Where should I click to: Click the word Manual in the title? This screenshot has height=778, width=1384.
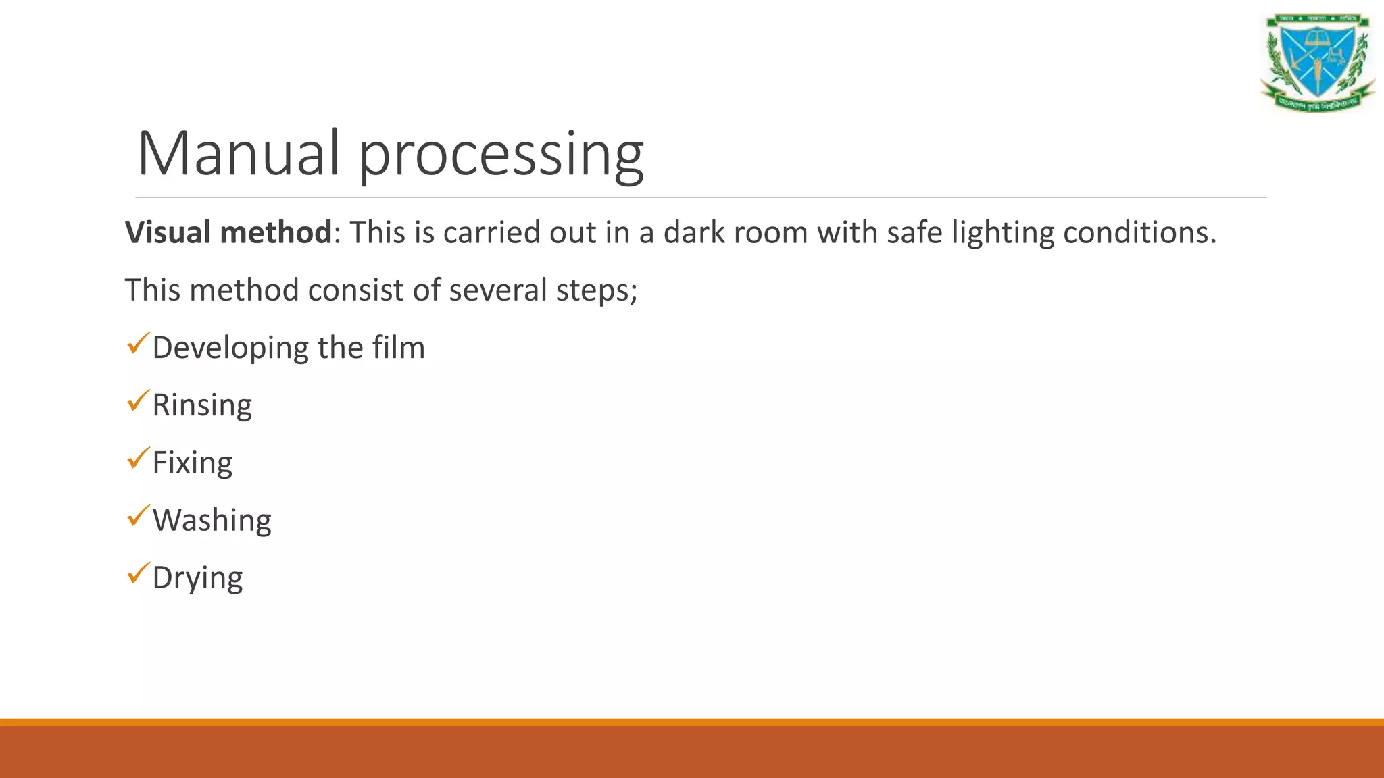(238, 153)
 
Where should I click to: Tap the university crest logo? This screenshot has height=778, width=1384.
(1317, 62)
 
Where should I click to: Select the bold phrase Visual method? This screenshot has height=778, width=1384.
(228, 232)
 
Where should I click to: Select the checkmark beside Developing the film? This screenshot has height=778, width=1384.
(138, 344)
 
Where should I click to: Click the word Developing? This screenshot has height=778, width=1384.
(230, 348)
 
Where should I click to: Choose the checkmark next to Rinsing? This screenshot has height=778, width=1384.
(138, 401)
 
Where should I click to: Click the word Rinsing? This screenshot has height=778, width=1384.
(202, 405)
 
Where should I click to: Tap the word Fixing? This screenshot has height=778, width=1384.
(193, 463)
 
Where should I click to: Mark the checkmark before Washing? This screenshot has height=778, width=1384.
(138, 516)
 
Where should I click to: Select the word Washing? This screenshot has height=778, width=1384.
(212, 521)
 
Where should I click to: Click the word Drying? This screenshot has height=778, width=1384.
(197, 578)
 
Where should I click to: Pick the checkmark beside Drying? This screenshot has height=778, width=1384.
(138, 573)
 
